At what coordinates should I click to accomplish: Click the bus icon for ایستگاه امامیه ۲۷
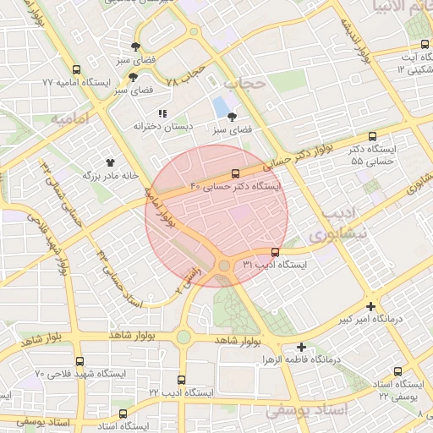[77, 70]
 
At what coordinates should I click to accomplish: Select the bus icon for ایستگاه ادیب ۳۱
[276, 252]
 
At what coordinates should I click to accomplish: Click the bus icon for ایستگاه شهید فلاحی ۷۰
[79, 361]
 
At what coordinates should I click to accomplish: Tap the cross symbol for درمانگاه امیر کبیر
[370, 306]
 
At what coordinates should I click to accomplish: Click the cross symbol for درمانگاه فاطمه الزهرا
[302, 347]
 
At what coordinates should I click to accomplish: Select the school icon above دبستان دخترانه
[162, 112]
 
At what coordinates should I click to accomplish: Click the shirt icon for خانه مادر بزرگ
[110, 161]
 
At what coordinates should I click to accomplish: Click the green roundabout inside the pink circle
[224, 266]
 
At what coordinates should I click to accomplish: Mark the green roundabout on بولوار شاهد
[184, 337]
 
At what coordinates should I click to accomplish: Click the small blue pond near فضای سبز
[222, 107]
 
